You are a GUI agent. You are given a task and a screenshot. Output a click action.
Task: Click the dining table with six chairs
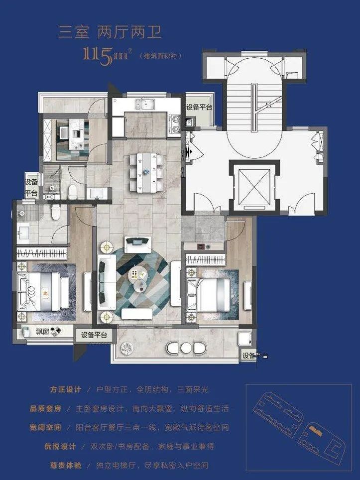coord(146,171)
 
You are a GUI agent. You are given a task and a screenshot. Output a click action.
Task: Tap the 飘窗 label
coord(42,331)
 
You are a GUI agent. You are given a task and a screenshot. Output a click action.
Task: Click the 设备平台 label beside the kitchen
coord(199,107)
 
